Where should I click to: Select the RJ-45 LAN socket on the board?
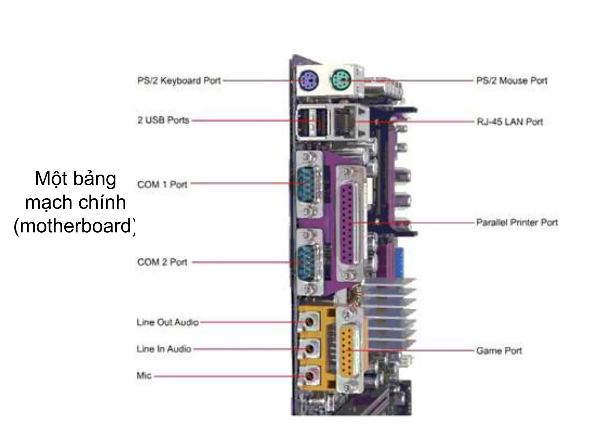[345, 121]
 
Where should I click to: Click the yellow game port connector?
[348, 350]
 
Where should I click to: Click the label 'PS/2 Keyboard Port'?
[179, 80]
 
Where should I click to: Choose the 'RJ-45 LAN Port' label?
[510, 122]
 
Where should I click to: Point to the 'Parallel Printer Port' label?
[517, 223]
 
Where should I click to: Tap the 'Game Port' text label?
[499, 351]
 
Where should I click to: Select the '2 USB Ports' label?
[163, 120]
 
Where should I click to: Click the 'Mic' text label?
[144, 375]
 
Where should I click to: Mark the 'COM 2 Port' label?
[162, 262]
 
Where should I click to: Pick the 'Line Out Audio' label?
[167, 322]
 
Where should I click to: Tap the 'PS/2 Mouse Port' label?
[512, 80]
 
